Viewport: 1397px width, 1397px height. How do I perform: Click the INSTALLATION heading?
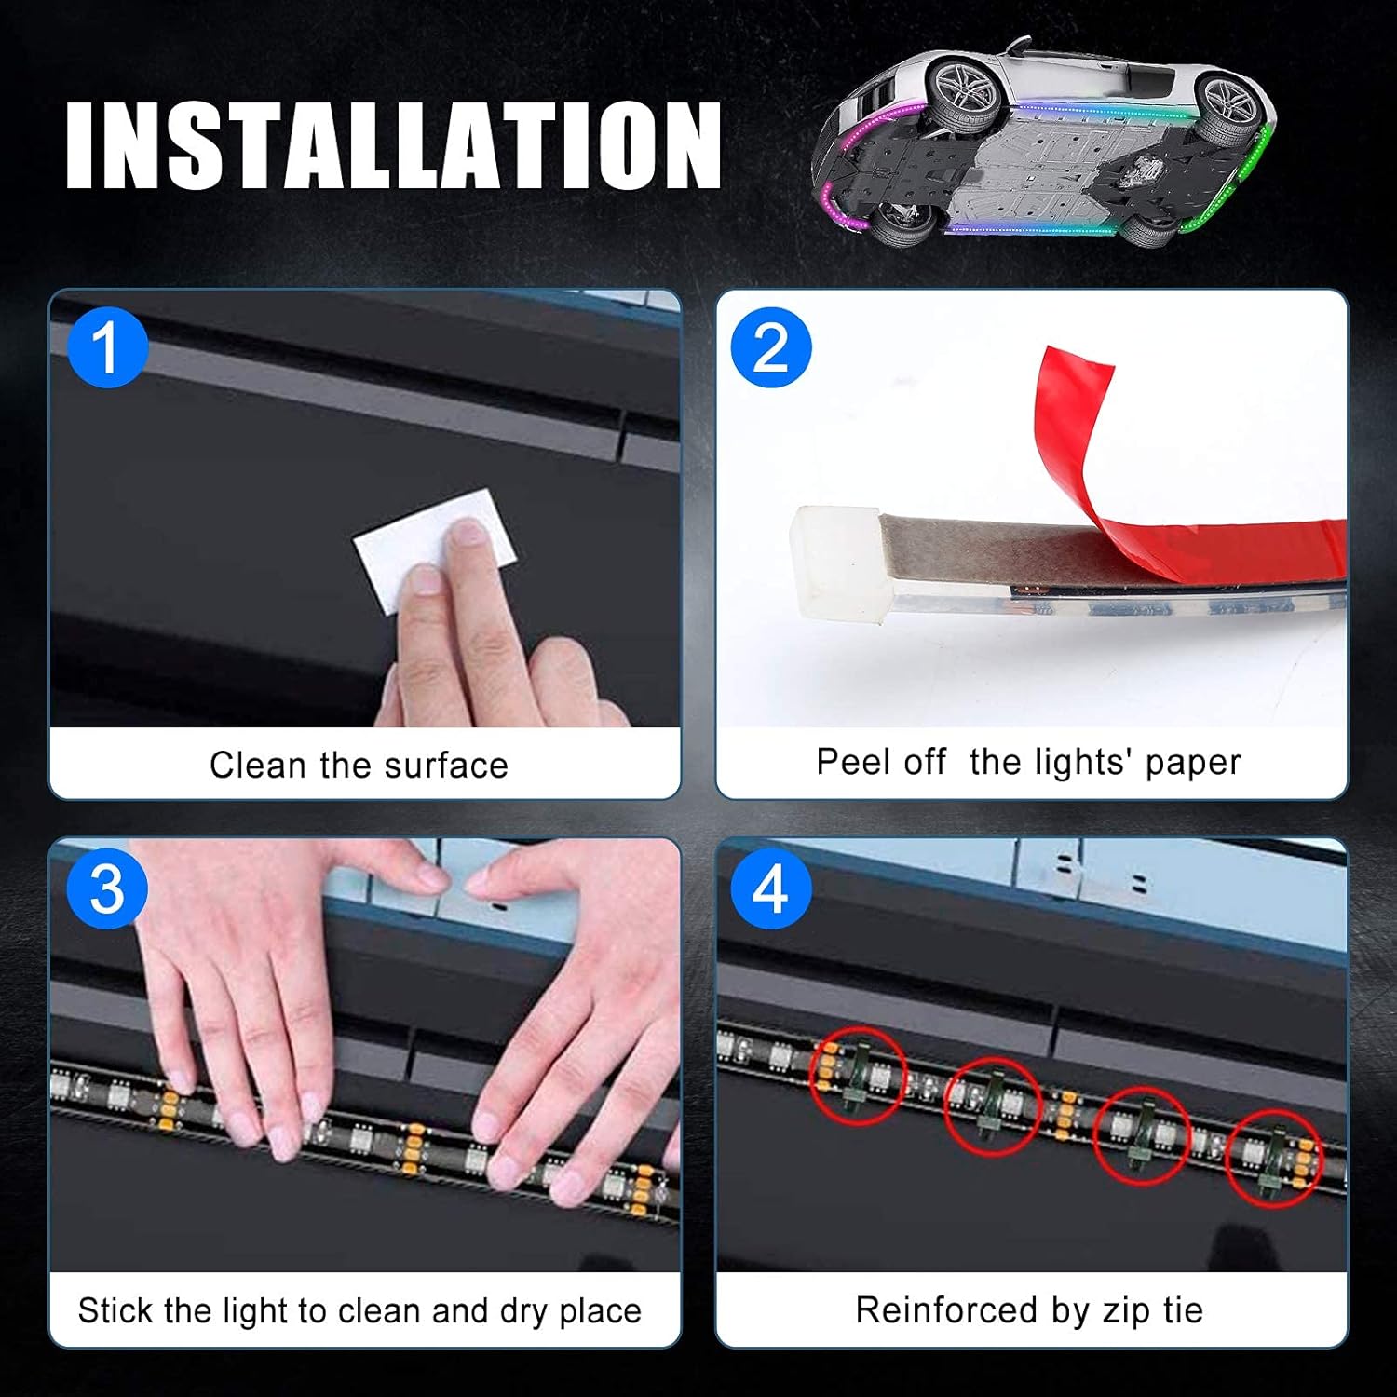pos(393,145)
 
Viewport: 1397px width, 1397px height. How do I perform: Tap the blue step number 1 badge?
pos(107,348)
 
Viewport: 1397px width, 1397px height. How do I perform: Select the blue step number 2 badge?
pos(770,348)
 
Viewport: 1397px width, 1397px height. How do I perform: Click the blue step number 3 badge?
pos(107,888)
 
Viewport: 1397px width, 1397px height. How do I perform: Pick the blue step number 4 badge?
pos(770,888)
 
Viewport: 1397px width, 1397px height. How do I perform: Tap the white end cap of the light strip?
pos(835,564)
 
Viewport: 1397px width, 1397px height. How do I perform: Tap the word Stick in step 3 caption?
pos(115,1310)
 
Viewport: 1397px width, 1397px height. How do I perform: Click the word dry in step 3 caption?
pos(525,1311)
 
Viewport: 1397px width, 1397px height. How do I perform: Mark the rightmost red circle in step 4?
pos(1272,1160)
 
